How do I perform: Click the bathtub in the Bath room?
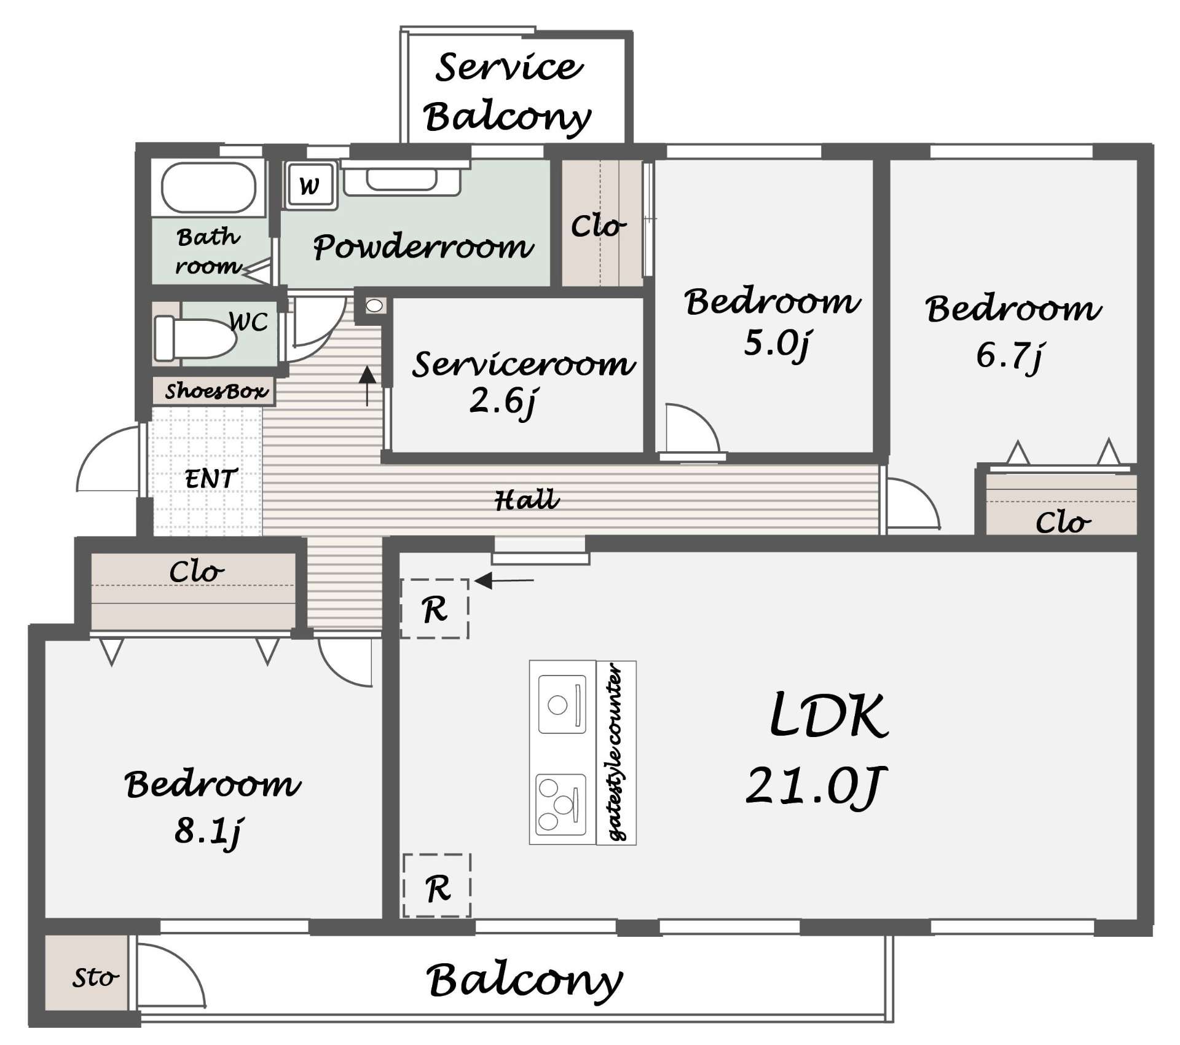tap(208, 188)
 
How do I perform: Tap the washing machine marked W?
tap(310, 185)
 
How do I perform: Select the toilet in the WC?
tap(194, 337)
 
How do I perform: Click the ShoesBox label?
tap(216, 390)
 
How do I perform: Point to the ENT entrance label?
tap(211, 478)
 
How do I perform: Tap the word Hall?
tap(527, 500)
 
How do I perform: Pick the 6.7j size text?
tap(1009, 355)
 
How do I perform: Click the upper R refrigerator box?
tap(435, 609)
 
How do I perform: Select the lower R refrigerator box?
tap(437, 886)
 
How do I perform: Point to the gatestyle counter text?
tap(616, 753)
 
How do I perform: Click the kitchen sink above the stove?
tap(562, 704)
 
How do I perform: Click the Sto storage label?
tap(95, 977)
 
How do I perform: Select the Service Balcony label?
tap(508, 92)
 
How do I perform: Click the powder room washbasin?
tap(401, 179)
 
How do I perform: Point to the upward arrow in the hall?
tap(367, 386)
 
